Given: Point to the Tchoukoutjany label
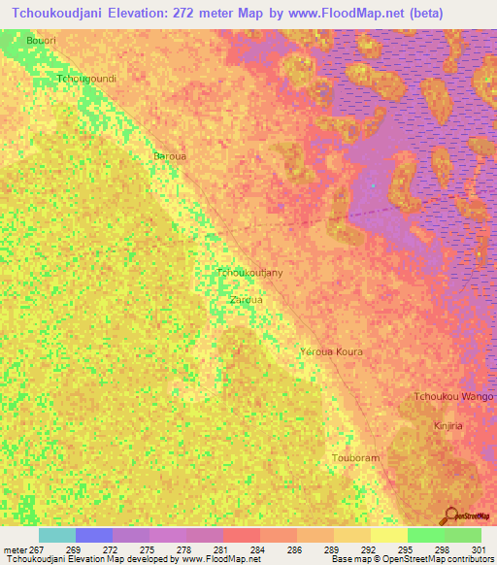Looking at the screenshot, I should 250,274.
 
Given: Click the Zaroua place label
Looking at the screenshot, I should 245,300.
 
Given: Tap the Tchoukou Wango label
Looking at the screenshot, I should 453,396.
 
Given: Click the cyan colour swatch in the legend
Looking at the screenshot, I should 57,535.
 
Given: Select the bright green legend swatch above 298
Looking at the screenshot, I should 425,535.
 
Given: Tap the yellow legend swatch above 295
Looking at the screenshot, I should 388,535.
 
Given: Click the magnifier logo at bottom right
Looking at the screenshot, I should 451,515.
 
